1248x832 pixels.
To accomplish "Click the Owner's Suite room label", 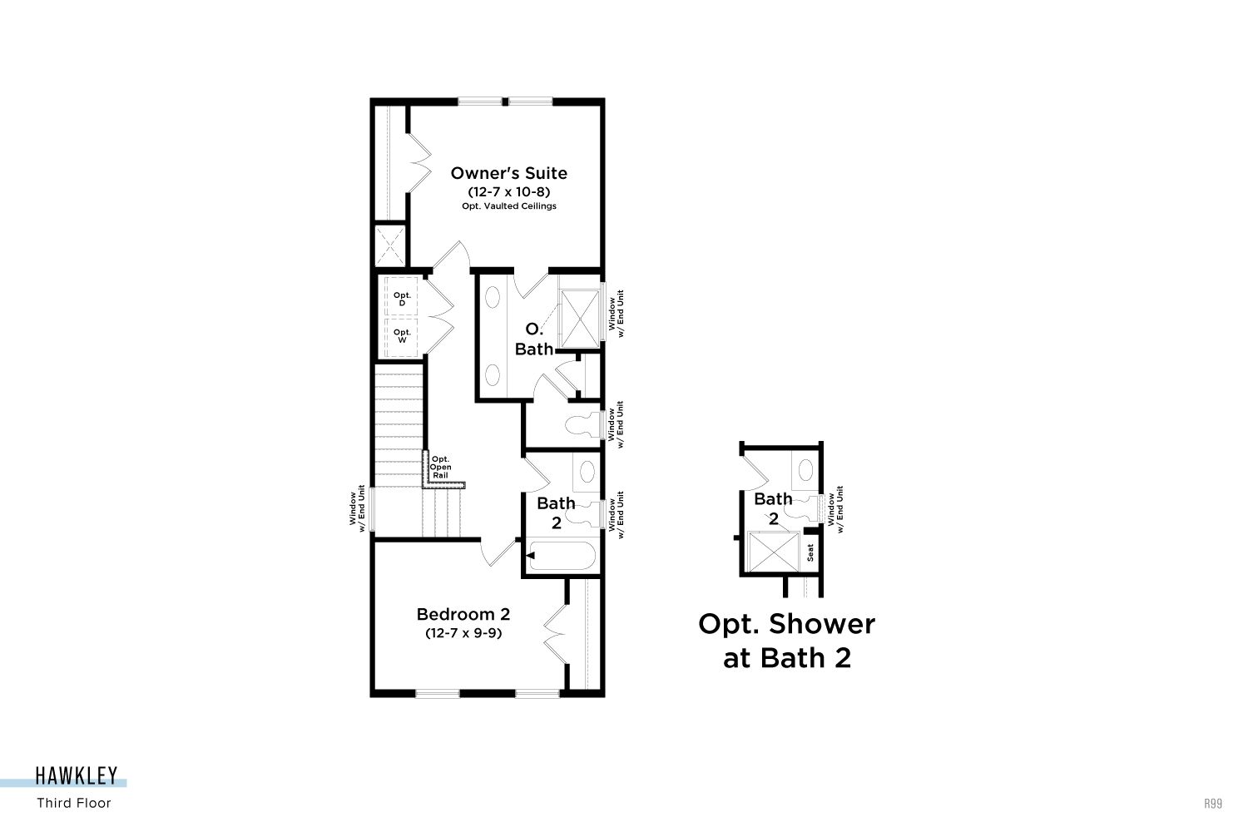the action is [x=508, y=173].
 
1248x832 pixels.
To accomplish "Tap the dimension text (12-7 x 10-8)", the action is [x=508, y=191].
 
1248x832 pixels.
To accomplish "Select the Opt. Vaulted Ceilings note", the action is [x=508, y=206].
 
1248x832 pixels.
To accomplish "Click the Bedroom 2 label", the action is [x=463, y=614].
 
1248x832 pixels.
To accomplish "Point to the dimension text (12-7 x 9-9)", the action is [x=463, y=633].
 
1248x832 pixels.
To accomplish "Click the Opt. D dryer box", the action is [x=401, y=298].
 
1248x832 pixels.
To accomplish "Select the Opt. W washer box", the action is [x=401, y=337].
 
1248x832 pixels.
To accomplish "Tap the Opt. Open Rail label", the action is [x=440, y=467].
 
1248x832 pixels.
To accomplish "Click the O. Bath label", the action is [x=534, y=339].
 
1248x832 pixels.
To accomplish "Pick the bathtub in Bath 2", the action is [x=562, y=556].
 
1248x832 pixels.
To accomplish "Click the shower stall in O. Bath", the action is [x=579, y=319].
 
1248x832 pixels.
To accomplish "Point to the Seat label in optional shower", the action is [x=810, y=552].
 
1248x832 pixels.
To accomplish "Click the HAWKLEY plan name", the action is [x=77, y=775].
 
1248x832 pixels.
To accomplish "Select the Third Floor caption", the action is [x=73, y=803].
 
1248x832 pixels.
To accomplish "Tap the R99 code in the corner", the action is [x=1213, y=804].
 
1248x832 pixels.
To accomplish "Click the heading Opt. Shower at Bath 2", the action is [x=787, y=641].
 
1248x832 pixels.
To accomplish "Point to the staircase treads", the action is [x=399, y=423].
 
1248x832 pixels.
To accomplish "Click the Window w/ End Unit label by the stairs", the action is [x=357, y=508].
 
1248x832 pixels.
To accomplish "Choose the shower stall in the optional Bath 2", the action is [x=773, y=552].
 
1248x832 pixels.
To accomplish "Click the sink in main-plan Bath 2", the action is [x=587, y=472].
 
